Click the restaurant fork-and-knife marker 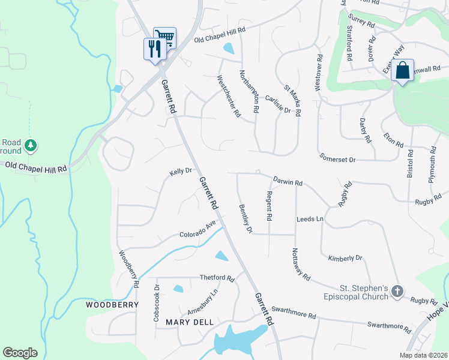pyautogui.click(x=154, y=48)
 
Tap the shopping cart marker pyautogui.click(x=164, y=37)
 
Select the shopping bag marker pyautogui.click(x=402, y=70)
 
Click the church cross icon pyautogui.click(x=397, y=292)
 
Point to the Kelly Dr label pyautogui.click(x=180, y=172)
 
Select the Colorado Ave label pyautogui.click(x=197, y=230)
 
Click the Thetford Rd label pyautogui.click(x=217, y=278)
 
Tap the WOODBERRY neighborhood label pyautogui.click(x=112, y=305)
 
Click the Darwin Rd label pyautogui.click(x=288, y=181)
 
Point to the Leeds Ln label pyautogui.click(x=310, y=219)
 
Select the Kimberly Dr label pyautogui.click(x=345, y=258)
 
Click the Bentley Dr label pyautogui.click(x=246, y=218)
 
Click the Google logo pyautogui.click(x=20, y=353)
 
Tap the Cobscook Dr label pyautogui.click(x=157, y=295)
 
